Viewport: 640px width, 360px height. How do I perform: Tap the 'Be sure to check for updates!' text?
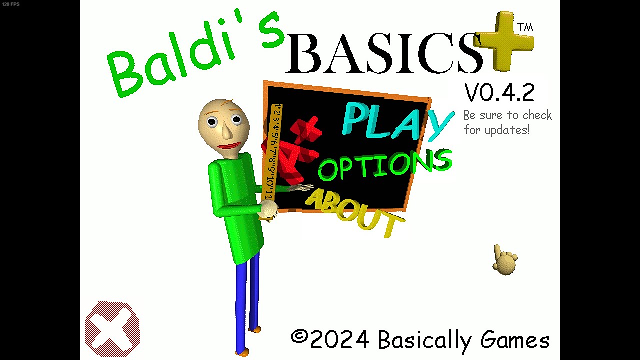click(x=507, y=122)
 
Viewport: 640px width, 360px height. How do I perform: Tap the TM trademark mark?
click(x=525, y=27)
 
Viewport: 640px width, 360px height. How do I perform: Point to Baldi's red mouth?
click(x=229, y=146)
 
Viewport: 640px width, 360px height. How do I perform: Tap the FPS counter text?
click(x=10, y=4)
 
